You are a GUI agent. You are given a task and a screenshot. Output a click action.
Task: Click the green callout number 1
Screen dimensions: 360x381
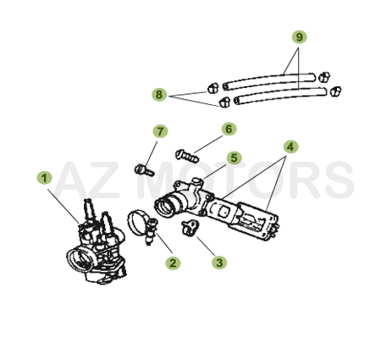[x=44, y=178]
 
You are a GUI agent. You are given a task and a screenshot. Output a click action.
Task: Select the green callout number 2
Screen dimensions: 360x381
[x=173, y=263]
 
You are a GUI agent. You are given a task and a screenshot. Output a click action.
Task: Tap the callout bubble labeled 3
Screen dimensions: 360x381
[x=219, y=263]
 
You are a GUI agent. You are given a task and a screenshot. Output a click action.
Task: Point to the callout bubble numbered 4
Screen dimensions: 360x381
[x=290, y=146]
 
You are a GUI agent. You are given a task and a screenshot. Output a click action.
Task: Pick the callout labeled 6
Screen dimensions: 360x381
[x=228, y=129]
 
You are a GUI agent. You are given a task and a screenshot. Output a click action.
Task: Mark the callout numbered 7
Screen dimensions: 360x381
[x=158, y=131]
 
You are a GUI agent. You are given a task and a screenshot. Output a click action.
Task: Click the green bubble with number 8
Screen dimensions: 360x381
[x=159, y=95]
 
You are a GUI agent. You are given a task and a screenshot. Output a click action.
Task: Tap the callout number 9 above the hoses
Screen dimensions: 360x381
[x=298, y=37]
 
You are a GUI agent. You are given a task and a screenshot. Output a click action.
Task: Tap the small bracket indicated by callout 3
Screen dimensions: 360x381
[x=190, y=226]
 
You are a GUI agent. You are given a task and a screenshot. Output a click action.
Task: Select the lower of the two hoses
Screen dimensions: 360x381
[x=279, y=95]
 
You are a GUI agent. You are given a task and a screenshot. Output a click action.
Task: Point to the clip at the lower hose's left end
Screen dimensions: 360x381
[x=225, y=102]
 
